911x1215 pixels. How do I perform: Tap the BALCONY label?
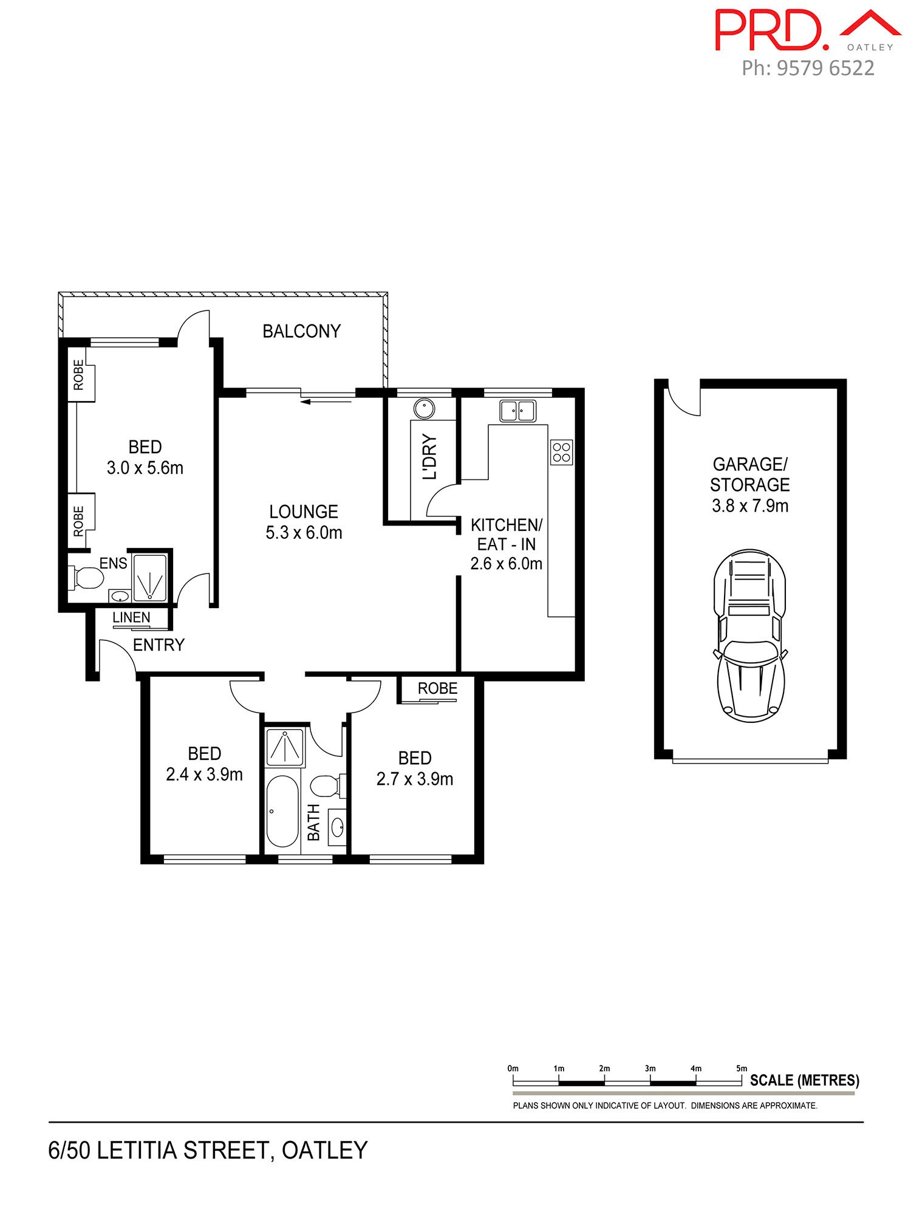301,331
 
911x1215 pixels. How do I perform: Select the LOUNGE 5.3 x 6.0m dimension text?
304,533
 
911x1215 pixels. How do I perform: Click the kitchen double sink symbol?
517,411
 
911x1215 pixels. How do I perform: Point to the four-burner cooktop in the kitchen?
561,452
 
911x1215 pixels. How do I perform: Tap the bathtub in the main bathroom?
282,811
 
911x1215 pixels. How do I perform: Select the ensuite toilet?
87,578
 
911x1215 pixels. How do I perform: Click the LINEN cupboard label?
131,617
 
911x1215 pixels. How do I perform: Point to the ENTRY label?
159,645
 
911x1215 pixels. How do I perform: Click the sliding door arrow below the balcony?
327,401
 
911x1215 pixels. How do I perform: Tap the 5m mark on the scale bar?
742,1068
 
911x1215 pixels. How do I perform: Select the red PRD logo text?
771,30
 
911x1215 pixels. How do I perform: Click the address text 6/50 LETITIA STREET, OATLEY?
208,1151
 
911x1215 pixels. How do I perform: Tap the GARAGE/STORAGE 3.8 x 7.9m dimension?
750,505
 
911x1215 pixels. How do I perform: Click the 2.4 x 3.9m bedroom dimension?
204,775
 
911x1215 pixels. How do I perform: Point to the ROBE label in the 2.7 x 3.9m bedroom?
437,688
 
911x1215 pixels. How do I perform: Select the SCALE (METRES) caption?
804,1080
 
